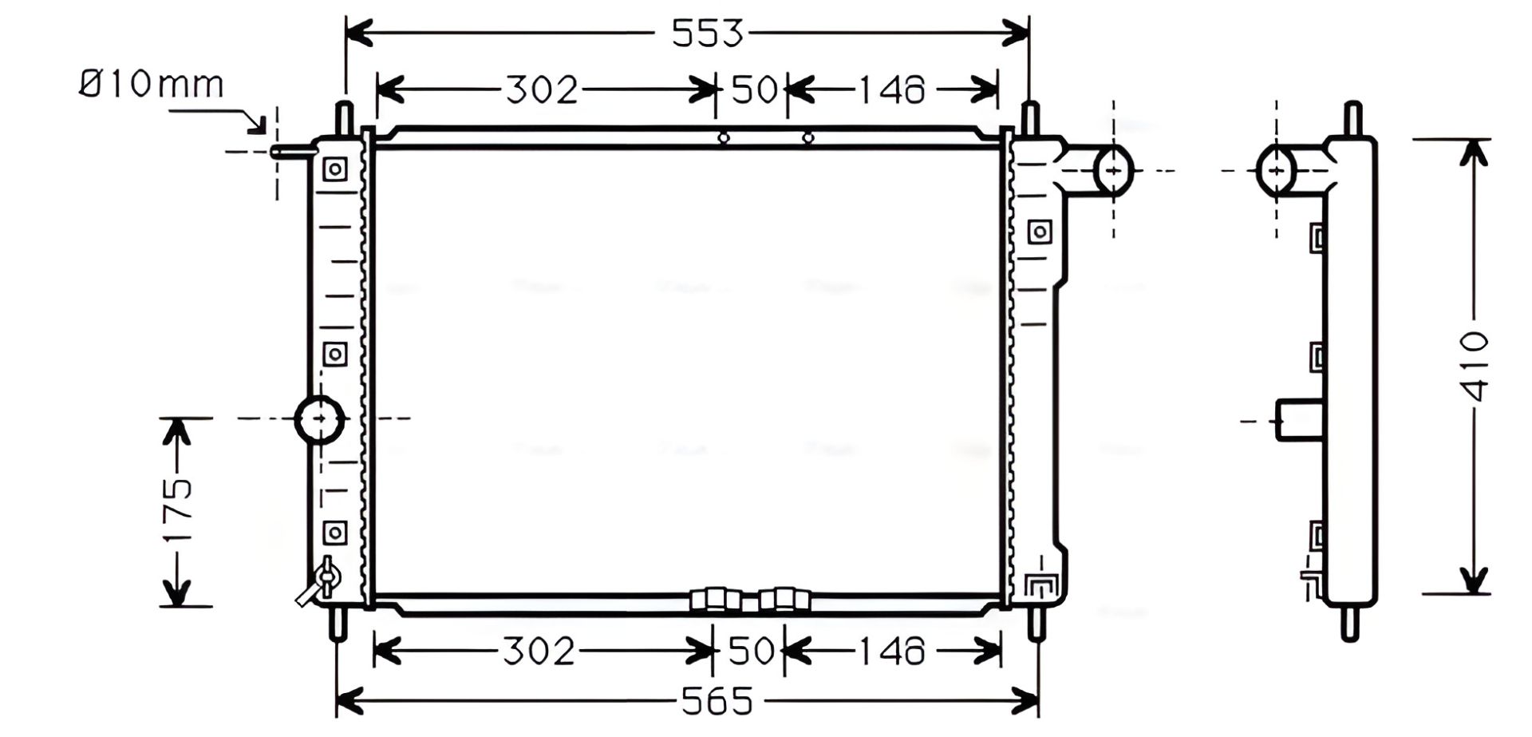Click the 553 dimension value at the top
[x=707, y=34]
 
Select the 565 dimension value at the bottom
[x=717, y=702]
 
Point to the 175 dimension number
[x=177, y=511]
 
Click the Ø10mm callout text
[x=152, y=84]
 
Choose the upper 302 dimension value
[x=542, y=90]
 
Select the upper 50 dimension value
[x=753, y=89]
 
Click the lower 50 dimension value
[x=751, y=652]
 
